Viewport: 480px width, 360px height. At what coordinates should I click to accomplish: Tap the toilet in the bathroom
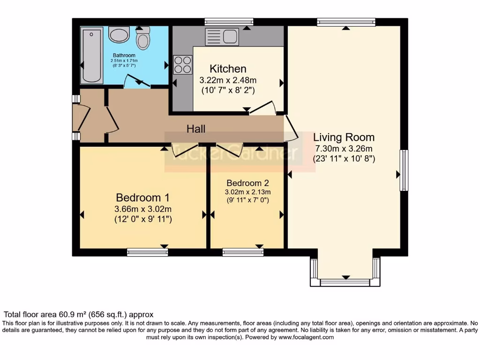point(142,38)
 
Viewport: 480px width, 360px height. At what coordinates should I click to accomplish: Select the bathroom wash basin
point(119,34)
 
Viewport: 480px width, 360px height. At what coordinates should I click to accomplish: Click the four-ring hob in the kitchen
point(183,65)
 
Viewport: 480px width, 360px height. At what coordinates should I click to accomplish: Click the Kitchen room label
point(228,69)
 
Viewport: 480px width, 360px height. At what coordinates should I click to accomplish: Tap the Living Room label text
point(344,137)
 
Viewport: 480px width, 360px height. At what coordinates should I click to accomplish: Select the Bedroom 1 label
point(143,197)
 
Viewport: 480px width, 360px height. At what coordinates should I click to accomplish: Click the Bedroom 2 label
point(247,183)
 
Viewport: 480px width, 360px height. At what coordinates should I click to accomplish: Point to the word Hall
point(196,128)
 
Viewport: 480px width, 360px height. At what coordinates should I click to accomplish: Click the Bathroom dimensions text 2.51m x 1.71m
point(124,60)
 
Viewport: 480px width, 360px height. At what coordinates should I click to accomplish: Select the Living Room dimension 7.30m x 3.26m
point(344,149)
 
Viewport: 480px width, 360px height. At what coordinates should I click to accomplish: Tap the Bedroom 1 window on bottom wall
point(147,253)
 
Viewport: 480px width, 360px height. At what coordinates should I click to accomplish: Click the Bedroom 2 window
point(243,253)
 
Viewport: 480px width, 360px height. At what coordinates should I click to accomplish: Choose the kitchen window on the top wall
point(229,21)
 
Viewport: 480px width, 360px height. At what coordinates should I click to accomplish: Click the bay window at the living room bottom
point(345,282)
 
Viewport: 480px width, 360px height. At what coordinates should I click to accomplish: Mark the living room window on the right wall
point(404,170)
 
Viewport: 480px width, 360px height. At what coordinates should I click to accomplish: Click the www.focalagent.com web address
point(306,337)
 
